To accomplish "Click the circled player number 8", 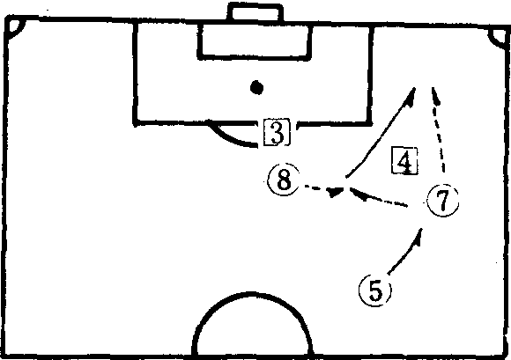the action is coord(283,180).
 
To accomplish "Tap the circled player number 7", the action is coord(443,200).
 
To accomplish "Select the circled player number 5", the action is coord(375,290).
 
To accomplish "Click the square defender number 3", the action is coord(277,132).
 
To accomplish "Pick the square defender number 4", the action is coord(404,161).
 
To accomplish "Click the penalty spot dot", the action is coord(256,87).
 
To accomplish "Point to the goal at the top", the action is coord(255,12).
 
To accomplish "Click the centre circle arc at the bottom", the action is coord(252,295).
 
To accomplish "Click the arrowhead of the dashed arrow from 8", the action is coord(336,192).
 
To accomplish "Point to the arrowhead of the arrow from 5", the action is coord(418,235).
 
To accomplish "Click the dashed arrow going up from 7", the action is coord(438,129).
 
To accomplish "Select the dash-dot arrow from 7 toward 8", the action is coord(378,197).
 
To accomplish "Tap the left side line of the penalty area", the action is coord(135,73).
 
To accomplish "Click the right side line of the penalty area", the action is coord(370,75).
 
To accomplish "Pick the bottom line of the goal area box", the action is coord(255,58).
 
